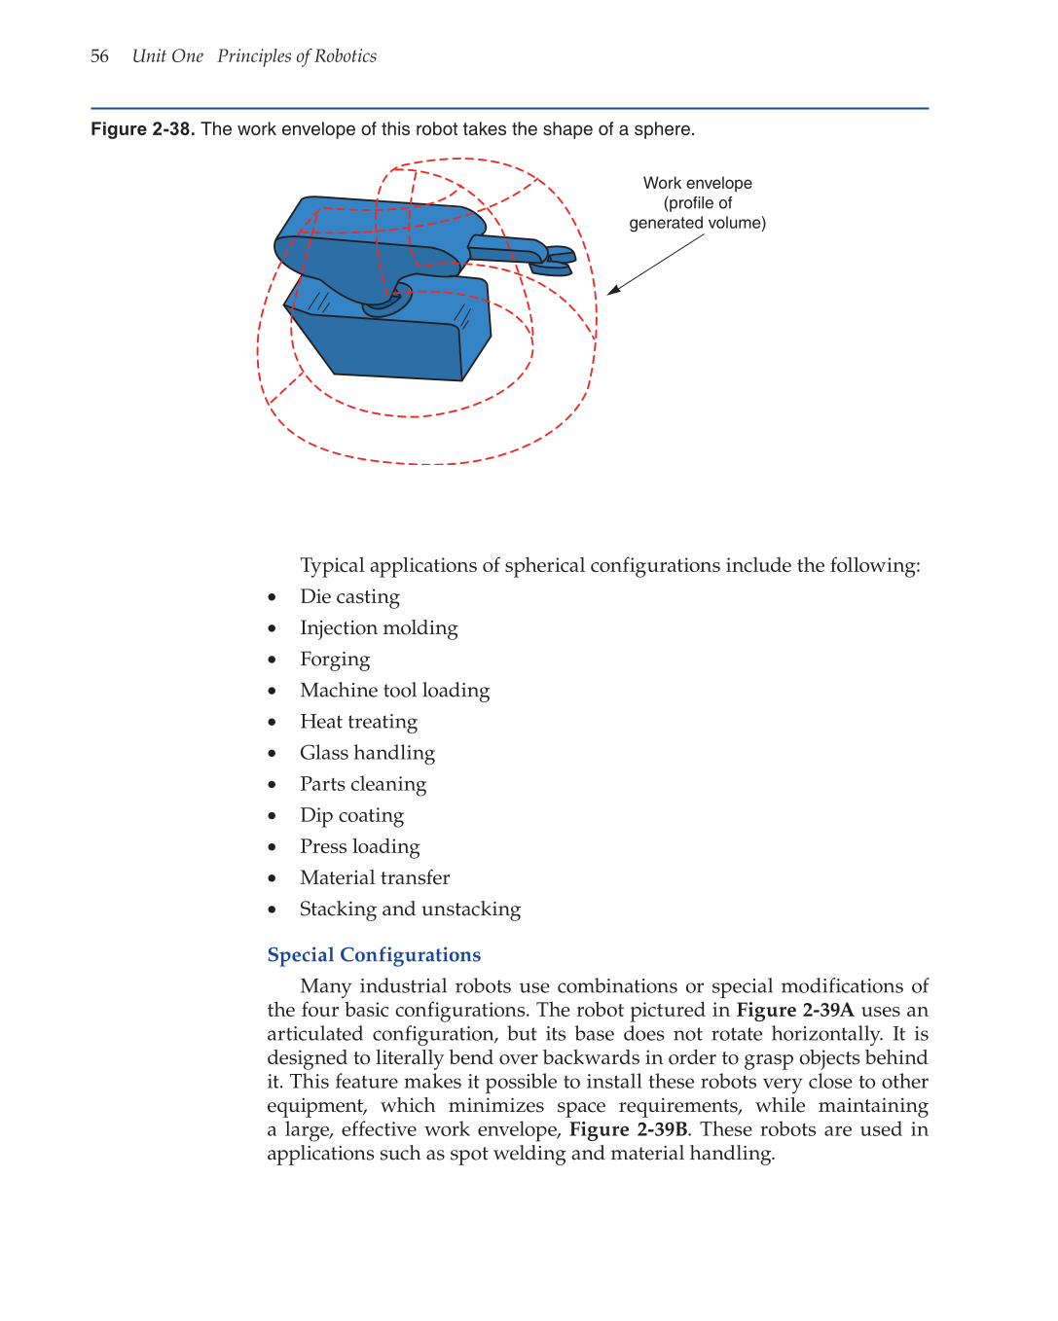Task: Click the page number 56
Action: pyautogui.click(x=99, y=56)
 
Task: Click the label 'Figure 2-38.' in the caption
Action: pyautogui.click(x=142, y=129)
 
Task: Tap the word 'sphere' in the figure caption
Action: pyautogui.click(x=663, y=129)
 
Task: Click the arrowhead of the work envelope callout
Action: pyautogui.click(x=613, y=290)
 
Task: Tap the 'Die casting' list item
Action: pyautogui.click(x=349, y=596)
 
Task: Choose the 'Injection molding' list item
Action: pyautogui.click(x=379, y=627)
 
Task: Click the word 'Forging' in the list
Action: pyautogui.click(x=335, y=660)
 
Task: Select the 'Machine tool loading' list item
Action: pyautogui.click(x=394, y=691)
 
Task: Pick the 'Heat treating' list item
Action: pyautogui.click(x=358, y=722)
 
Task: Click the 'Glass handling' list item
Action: pyautogui.click(x=367, y=753)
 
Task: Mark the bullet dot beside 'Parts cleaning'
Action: pyautogui.click(x=273, y=784)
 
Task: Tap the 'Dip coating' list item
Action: pyautogui.click(x=351, y=815)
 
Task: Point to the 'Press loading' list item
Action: pyautogui.click(x=360, y=846)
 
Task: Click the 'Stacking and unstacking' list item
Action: pyautogui.click(x=410, y=909)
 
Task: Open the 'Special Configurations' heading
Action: pyautogui.click(x=374, y=955)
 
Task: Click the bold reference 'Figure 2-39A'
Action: pyautogui.click(x=794, y=1010)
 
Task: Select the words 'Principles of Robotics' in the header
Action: pyautogui.click(x=297, y=56)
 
